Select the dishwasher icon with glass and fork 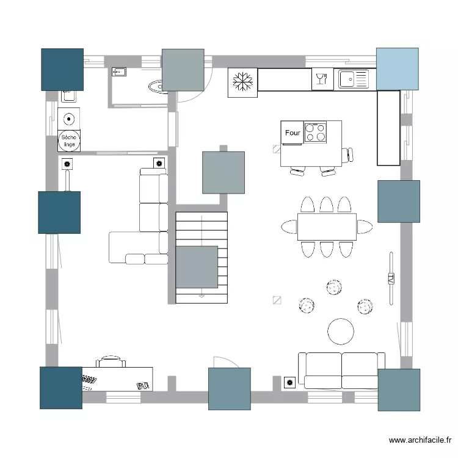(322, 79)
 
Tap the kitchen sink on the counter (354, 79)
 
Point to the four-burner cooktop (315, 133)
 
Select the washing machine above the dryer (69, 119)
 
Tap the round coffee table (341, 330)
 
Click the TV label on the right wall (391, 278)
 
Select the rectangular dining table (327, 227)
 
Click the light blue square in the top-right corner (398, 69)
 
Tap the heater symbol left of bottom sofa (289, 383)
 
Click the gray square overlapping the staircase (197, 267)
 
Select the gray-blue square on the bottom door (230, 389)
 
